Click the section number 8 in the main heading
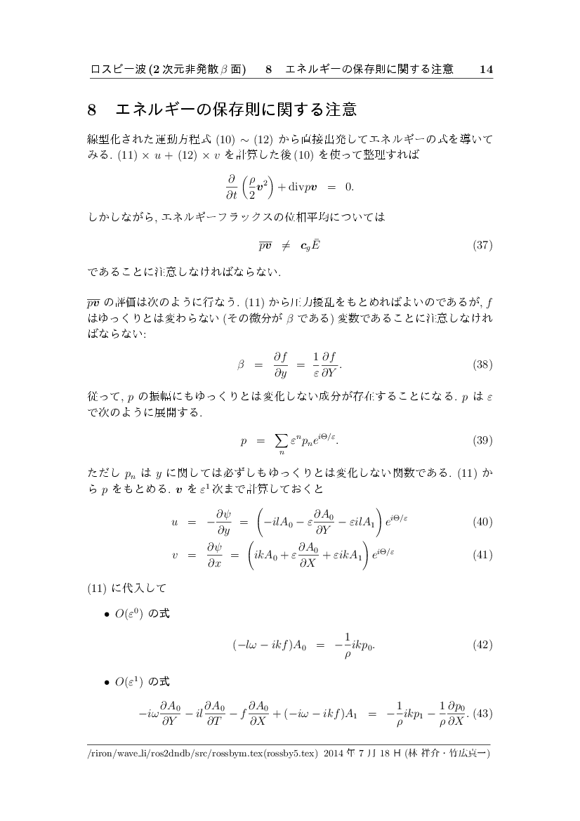(92, 110)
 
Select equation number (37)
(482, 245)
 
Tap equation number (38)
(482, 365)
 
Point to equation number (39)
(482, 441)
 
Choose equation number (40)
(482, 522)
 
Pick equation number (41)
(482, 554)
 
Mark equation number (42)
(482, 645)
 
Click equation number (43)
(482, 714)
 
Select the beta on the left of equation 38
(240, 365)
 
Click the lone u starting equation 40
(174, 522)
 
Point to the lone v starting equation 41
(174, 554)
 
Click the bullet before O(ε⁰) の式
(106, 615)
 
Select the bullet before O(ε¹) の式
(106, 683)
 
